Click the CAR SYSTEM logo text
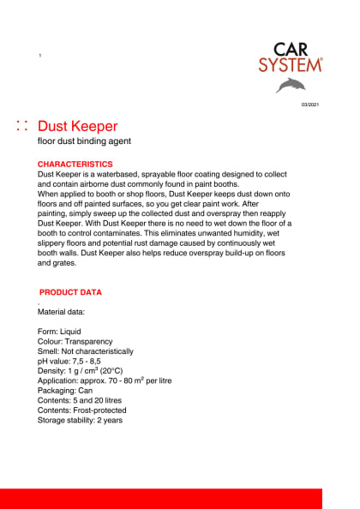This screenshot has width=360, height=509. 291,57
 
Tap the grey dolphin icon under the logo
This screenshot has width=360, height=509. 290,85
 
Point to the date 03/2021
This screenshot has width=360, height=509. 309,105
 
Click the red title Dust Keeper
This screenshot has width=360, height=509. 78,127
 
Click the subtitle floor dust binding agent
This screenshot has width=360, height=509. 84,141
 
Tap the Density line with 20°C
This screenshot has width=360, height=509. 81,371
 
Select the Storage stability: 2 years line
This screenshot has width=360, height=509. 81,421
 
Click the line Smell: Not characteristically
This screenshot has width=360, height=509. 86,351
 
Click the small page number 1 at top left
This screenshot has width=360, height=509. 40,56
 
